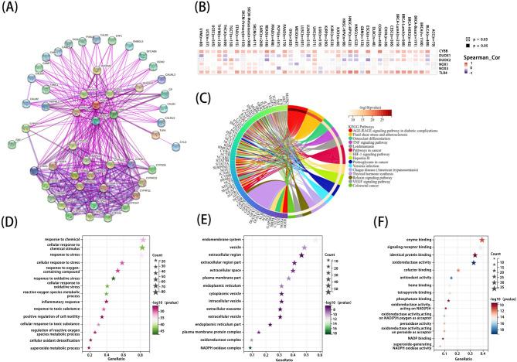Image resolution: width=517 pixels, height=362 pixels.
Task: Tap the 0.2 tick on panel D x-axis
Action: point(90,353)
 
